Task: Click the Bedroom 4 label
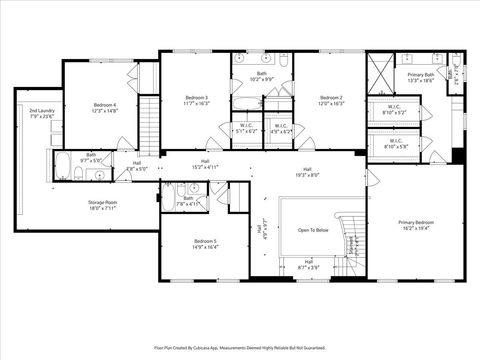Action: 106,104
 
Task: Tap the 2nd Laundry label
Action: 41,110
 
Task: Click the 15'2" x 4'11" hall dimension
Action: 205,167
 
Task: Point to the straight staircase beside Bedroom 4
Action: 149,109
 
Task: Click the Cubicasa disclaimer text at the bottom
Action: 240,347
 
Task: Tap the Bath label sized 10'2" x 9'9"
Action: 262,77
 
